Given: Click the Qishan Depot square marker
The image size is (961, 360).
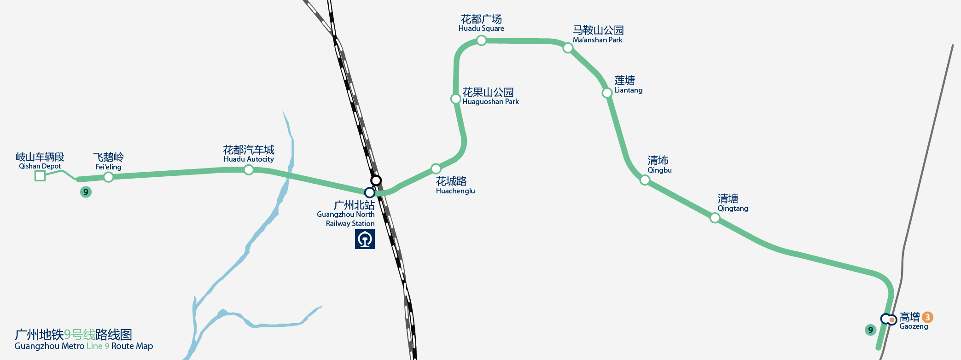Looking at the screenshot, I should (x=40, y=175).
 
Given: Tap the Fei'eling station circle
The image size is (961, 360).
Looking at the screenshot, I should (x=108, y=177).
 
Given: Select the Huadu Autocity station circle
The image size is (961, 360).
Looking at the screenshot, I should (x=249, y=170).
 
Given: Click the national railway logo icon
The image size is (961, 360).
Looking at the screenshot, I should (x=365, y=239).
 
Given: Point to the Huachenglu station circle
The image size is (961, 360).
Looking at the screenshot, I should (x=436, y=168).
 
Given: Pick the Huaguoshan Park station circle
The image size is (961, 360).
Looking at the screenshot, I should (x=455, y=99).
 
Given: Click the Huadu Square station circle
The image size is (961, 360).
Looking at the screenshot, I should (x=481, y=41).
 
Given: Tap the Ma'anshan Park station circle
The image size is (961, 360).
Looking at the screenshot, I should (x=568, y=48).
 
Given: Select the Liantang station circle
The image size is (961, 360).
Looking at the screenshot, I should (x=607, y=93).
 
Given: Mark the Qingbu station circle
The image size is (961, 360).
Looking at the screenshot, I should (x=645, y=180).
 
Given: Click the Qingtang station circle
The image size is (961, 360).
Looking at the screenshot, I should (x=715, y=218).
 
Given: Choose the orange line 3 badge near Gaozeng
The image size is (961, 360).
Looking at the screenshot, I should (x=927, y=317).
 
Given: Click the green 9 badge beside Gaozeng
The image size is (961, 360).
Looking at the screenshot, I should (x=870, y=330).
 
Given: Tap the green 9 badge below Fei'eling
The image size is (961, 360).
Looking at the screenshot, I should (x=86, y=192).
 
